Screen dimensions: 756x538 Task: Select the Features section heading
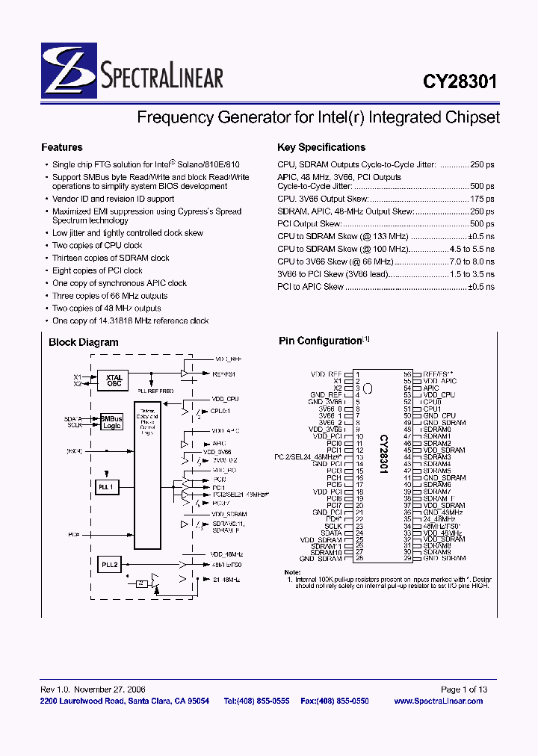pyautogui.click(x=62, y=147)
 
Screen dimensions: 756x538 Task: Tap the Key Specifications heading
pyautogui.click(x=321, y=147)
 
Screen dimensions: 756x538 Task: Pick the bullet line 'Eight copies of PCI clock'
pyautogui.click(x=97, y=270)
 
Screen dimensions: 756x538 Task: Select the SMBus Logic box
pyautogui.click(x=111, y=422)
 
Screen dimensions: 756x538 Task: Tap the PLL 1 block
pyautogui.click(x=107, y=487)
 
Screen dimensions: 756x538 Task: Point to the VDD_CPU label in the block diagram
pyautogui.click(x=225, y=399)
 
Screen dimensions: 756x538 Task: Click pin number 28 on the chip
pyautogui.click(x=359, y=559)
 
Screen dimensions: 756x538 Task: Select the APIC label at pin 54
pyautogui.click(x=430, y=388)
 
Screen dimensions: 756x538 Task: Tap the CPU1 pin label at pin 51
pyautogui.click(x=432, y=409)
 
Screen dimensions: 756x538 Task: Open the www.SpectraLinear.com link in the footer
pyautogui.click(x=438, y=701)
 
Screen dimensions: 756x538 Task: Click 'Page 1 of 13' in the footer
pyautogui.click(x=463, y=690)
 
